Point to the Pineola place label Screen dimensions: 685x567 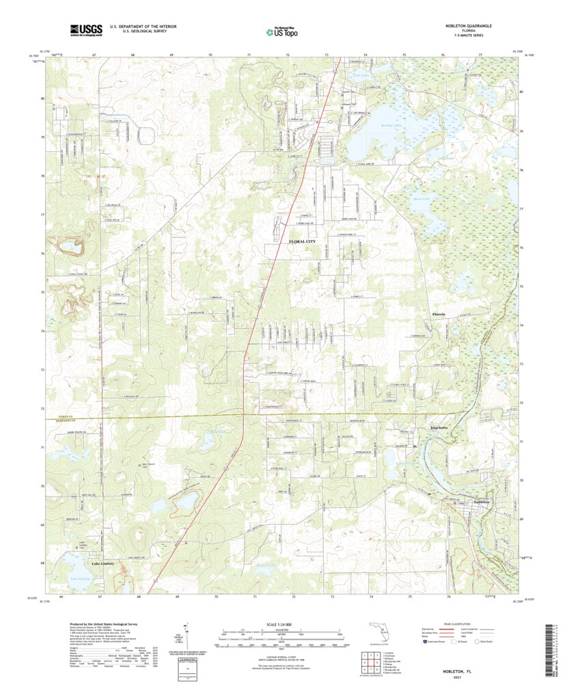coord(439,314)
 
